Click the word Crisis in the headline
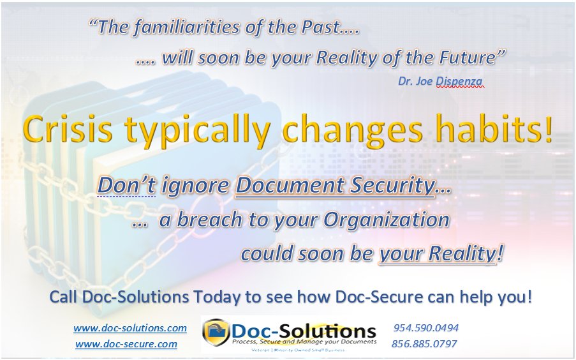click(x=66, y=131)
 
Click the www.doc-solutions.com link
click(x=130, y=328)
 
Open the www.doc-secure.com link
click(x=126, y=344)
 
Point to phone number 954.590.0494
click(x=425, y=328)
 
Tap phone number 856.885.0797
click(x=424, y=344)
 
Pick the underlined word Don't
click(x=126, y=186)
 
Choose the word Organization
click(x=386, y=220)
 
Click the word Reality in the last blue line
click(x=461, y=253)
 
